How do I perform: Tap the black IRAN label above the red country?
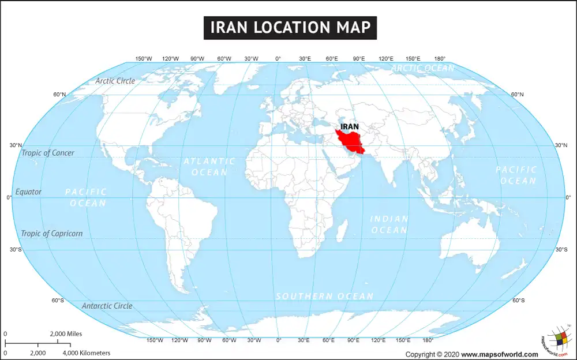click(350, 126)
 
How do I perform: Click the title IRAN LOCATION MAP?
click(290, 27)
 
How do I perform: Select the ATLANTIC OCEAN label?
click(209, 167)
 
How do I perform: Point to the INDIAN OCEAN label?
click(389, 224)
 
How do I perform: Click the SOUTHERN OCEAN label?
click(324, 296)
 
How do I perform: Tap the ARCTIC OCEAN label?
click(423, 68)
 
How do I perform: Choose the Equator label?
click(28, 192)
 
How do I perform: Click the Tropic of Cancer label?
click(48, 153)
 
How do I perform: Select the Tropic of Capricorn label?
click(51, 234)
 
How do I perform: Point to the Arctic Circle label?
click(115, 81)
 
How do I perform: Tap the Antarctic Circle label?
click(107, 306)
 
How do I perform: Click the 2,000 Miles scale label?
click(66, 333)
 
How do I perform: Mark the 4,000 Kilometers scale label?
click(86, 352)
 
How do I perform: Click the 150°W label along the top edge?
click(144, 58)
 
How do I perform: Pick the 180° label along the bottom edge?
click(428, 340)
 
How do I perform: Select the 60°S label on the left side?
click(58, 300)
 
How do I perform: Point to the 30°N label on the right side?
click(561, 145)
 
